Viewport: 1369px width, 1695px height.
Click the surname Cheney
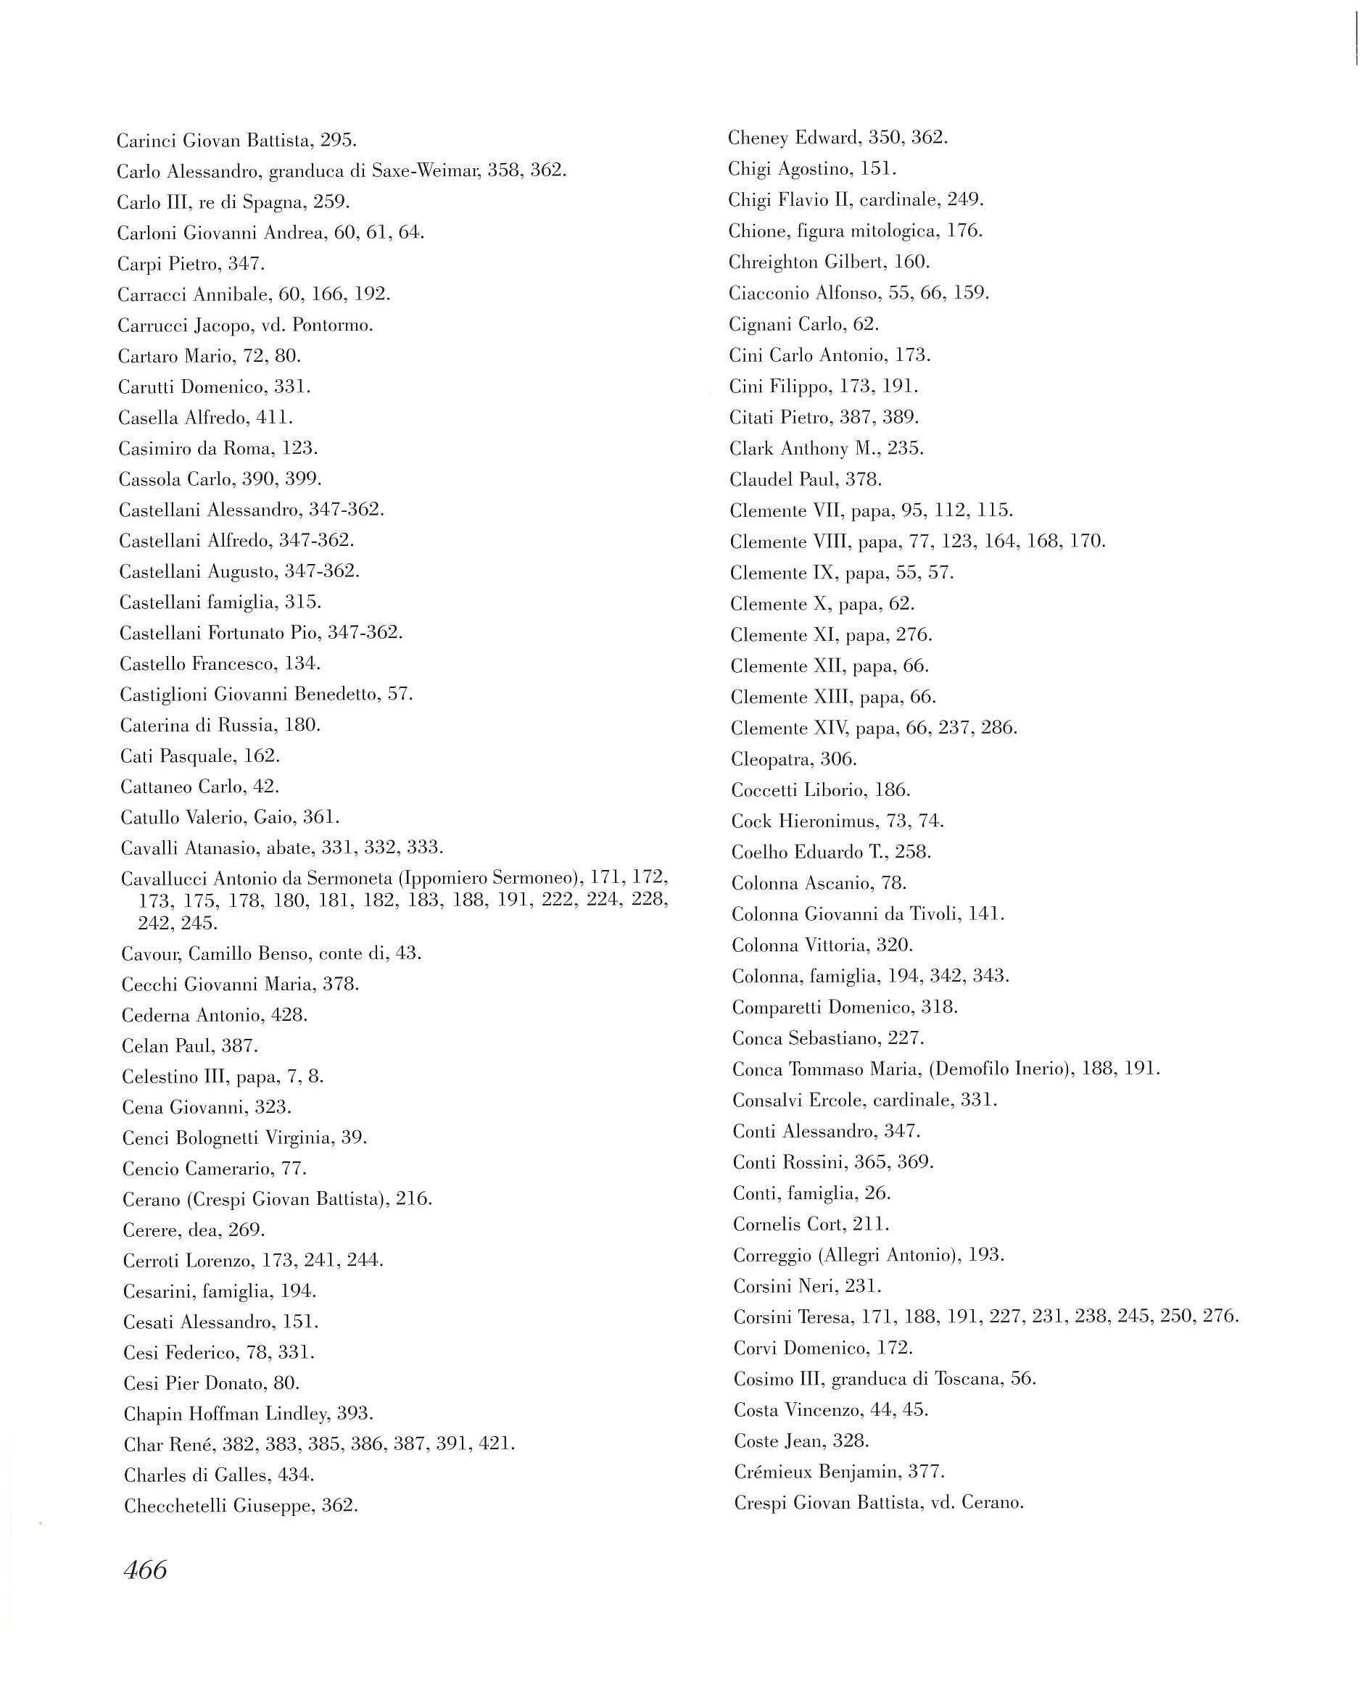tap(758, 138)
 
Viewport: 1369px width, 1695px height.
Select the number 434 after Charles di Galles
tap(297, 1475)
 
